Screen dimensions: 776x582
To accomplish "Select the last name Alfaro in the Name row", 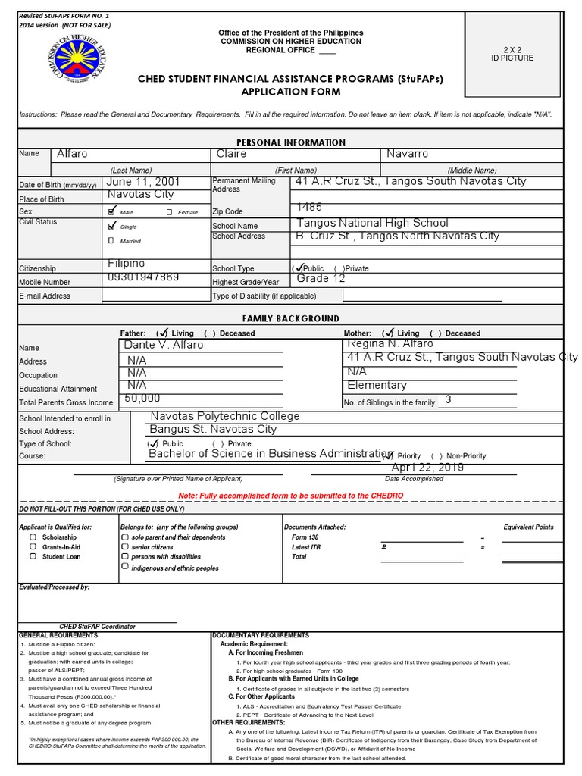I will click(73, 154).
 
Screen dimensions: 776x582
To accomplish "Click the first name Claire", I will click(232, 154).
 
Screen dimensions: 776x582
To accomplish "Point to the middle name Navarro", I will click(408, 154).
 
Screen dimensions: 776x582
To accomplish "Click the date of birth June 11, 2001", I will click(144, 183).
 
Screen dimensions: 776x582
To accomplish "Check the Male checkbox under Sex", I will click(113, 211).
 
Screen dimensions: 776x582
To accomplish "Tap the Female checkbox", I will click(169, 212).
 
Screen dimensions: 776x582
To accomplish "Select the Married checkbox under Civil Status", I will click(111, 240).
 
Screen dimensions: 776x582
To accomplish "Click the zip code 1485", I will click(309, 207).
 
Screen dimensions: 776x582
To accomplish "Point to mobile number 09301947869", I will click(144, 277).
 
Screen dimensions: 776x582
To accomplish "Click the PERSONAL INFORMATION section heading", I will click(291, 142).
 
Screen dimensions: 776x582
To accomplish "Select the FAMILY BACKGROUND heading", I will click(291, 318).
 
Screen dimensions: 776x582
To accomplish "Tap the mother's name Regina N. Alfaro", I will click(390, 344).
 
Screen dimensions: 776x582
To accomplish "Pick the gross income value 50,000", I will click(142, 398).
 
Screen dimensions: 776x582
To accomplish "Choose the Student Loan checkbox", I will click(33, 556).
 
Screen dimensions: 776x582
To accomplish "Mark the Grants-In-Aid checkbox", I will click(33, 546).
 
